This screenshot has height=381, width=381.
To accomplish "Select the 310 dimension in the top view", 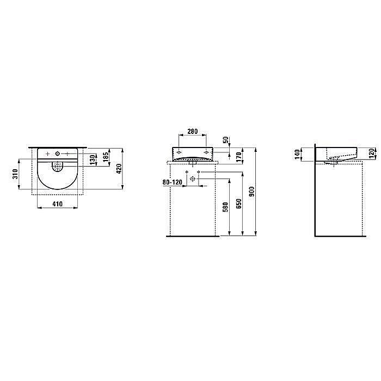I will pos(16,174).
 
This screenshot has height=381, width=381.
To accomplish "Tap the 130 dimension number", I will pos(93,159).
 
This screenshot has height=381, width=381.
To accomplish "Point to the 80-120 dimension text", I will pos(173,182).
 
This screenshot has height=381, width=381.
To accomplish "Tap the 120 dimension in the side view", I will pos(371,153).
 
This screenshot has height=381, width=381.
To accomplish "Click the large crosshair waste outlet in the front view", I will pos(192,179).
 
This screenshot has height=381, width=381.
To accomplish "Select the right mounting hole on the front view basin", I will pos(205,152).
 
